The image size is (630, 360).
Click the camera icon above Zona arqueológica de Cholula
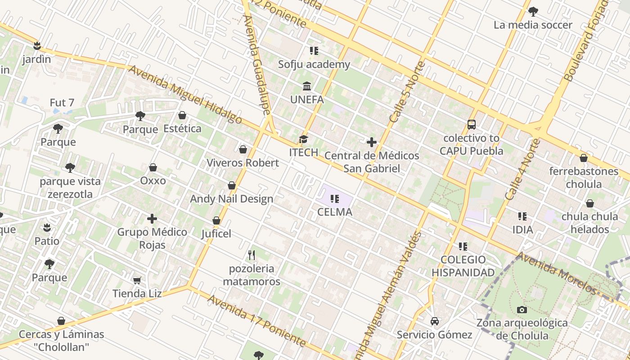tap(522, 310)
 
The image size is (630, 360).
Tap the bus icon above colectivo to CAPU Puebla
tap(471, 125)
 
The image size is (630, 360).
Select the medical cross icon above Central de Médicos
tap(371, 143)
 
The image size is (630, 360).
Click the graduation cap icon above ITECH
tap(304, 139)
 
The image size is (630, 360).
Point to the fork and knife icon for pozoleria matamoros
tap(252, 255)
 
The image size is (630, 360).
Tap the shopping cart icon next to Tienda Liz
tap(137, 280)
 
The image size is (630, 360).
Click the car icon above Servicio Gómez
tap(434, 321)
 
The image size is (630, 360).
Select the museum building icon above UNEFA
tap(307, 86)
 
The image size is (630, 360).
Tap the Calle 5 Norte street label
tap(407, 92)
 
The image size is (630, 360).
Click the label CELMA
tap(335, 212)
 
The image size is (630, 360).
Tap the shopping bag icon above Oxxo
tap(153, 167)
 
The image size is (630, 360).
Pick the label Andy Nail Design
tap(231, 199)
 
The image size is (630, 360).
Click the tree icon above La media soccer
tap(533, 12)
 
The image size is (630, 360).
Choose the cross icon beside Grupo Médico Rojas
tap(152, 219)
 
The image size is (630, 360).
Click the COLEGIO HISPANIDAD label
tap(463, 266)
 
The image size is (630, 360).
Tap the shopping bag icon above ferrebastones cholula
tap(584, 158)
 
